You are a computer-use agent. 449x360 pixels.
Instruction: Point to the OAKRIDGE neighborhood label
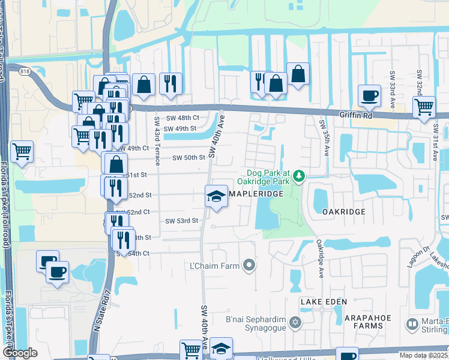[343, 212]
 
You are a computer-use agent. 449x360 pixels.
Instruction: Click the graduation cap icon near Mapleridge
[216, 196]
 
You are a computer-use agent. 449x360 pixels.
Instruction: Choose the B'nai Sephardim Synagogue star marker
[294, 323]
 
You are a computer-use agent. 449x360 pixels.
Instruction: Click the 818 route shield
[24, 71]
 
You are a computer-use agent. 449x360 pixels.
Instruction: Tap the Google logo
[20, 353]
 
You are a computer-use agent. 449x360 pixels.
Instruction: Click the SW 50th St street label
[189, 157]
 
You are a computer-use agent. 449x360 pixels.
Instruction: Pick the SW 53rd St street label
[182, 221]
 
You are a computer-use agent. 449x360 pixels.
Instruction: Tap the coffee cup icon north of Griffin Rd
[369, 95]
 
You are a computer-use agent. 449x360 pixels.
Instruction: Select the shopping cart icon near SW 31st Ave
[424, 107]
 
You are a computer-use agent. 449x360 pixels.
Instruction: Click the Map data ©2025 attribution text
[423, 355]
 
